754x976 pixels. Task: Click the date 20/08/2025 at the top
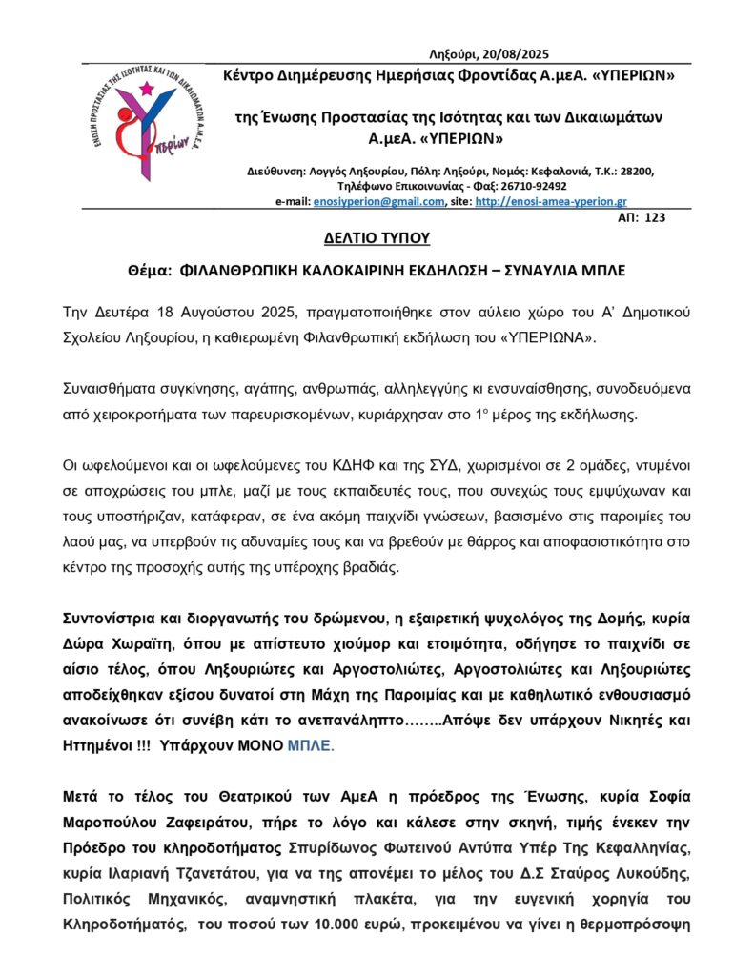point(516,54)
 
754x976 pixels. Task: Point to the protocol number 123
point(655,218)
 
